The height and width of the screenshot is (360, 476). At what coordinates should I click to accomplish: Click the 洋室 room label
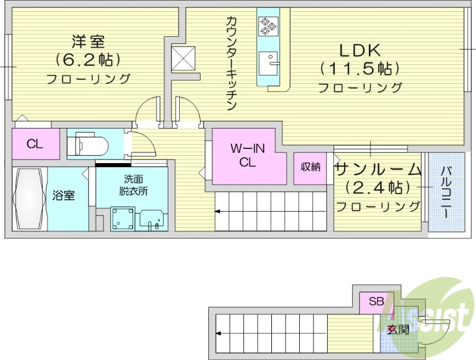coord(88,42)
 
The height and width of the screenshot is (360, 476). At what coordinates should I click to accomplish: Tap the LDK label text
coord(360,50)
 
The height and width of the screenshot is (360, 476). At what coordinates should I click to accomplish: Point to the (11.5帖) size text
coord(359,69)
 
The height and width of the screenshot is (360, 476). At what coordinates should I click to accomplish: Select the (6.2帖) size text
coord(88,60)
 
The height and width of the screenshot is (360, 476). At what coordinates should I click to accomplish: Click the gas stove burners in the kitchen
coord(265,24)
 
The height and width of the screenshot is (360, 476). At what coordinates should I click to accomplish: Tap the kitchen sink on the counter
coord(270,61)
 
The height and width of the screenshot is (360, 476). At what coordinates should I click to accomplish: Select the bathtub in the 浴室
coord(29,199)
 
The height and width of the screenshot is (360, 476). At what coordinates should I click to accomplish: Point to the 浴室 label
coord(64,195)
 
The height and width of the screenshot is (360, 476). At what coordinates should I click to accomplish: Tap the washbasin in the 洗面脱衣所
coord(153,219)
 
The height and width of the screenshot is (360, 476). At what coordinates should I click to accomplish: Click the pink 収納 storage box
coord(310,167)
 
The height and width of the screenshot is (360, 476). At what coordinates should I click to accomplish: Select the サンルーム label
coord(378,170)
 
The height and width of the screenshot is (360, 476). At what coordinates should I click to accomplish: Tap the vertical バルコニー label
coord(445,190)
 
